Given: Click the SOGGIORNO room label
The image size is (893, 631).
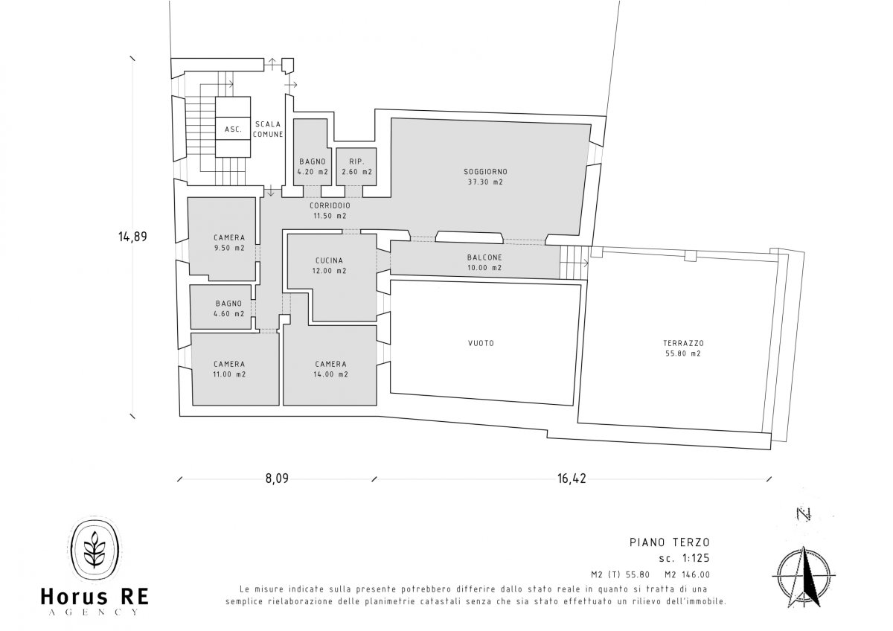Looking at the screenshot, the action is point(485,172).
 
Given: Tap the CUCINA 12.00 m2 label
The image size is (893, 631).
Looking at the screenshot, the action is point(329,266).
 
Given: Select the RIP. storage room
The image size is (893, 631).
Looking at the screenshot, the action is point(356,167).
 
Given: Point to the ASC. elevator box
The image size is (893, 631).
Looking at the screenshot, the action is point(233,127).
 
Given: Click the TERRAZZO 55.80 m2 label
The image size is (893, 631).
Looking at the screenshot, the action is point(683,348).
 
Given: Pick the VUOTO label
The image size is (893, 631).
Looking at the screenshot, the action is point(481,343).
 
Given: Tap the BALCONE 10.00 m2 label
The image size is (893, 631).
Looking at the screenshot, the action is point(484,263).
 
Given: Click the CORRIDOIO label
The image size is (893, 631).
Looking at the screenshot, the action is point(330,205).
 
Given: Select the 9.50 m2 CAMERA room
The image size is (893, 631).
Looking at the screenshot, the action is point(222,238).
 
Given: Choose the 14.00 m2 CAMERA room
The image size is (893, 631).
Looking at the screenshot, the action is point(330,365).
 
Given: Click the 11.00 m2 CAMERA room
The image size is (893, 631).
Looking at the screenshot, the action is point(235,369).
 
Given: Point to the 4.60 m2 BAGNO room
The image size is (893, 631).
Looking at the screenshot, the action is point(221,307).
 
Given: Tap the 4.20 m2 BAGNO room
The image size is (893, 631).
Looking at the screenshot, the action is point(313,152).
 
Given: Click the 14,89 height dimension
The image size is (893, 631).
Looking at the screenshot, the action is point(132,237).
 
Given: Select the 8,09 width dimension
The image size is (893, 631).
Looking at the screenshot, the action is point(277,478).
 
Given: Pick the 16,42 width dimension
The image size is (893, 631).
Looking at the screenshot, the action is point(572,478).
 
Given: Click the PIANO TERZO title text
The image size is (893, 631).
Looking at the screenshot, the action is point(670,542).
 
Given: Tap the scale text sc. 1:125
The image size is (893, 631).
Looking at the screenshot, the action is point(685,558).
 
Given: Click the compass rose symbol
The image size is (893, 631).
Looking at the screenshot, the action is point(804,577).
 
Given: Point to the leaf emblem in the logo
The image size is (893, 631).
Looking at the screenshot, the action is point(95,550).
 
